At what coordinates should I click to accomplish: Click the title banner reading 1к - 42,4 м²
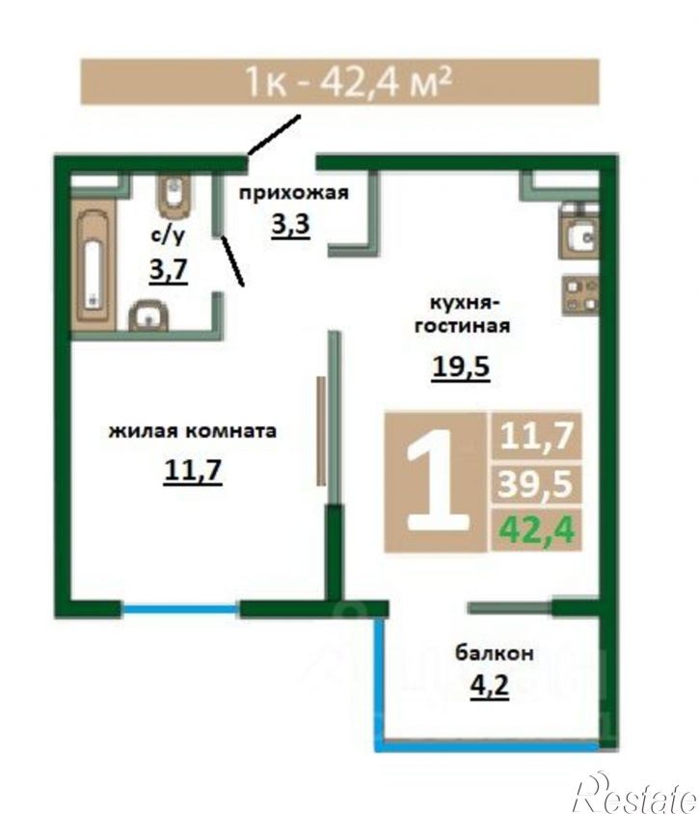[x=339, y=82]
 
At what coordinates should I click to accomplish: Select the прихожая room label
[x=293, y=193]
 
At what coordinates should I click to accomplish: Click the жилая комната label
[x=193, y=431]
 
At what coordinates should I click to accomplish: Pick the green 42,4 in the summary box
[x=536, y=529]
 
